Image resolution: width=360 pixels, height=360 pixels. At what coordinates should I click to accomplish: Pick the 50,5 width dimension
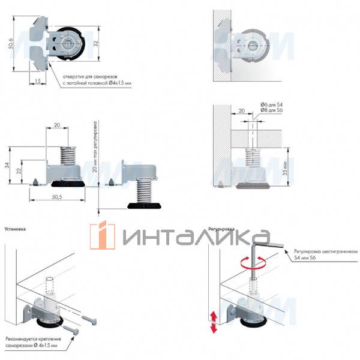pos(59,197)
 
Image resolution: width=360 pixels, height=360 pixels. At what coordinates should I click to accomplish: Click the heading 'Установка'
pos(16,229)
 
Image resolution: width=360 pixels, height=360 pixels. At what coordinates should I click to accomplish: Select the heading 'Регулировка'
pos(221,229)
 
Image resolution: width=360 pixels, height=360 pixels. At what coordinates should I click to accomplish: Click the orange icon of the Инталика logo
pos(103,236)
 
